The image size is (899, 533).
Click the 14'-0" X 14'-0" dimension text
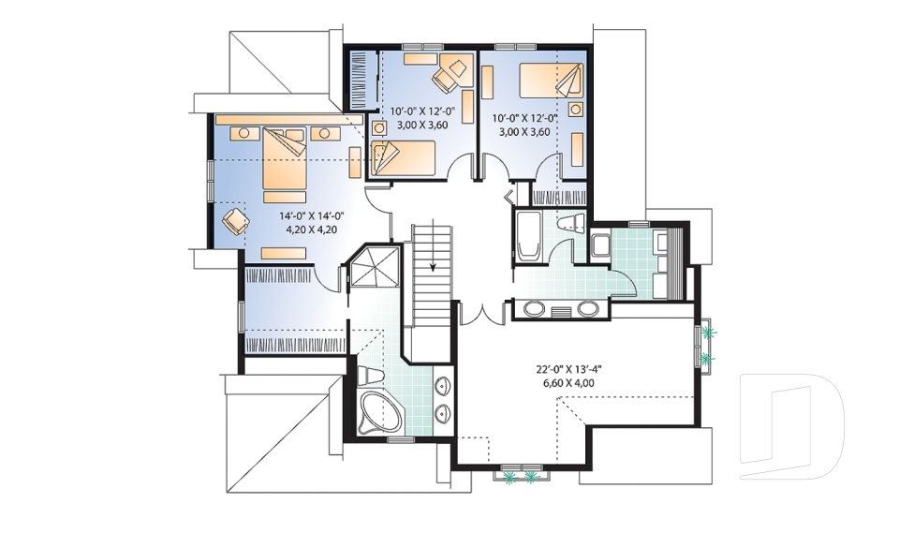(305, 215)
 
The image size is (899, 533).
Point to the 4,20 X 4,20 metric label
(305, 229)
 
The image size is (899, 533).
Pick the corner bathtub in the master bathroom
(380, 413)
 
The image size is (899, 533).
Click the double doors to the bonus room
(483, 314)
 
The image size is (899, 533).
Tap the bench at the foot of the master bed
(286, 253)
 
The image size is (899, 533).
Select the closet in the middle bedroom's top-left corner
(361, 80)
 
